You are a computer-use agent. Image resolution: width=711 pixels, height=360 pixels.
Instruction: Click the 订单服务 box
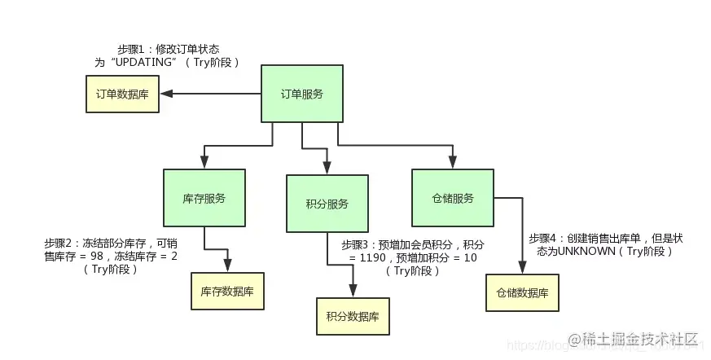pos(301,94)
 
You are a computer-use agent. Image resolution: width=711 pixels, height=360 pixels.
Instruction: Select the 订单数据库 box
pos(122,94)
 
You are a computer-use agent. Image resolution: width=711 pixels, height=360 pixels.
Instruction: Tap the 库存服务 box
pos(204,198)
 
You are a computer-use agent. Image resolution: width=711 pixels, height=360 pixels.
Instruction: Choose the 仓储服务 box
pos(452,198)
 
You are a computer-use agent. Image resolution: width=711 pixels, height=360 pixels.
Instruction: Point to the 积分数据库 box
pos(353,316)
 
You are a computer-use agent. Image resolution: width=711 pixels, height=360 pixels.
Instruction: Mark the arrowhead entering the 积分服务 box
pos(327,169)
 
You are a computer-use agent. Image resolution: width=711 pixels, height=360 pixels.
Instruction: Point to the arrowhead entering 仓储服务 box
pos(452,164)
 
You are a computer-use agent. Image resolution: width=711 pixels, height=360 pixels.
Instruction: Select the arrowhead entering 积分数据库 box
pos(353,292)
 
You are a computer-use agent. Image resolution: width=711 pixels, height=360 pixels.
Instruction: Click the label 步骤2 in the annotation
pos(59,244)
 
